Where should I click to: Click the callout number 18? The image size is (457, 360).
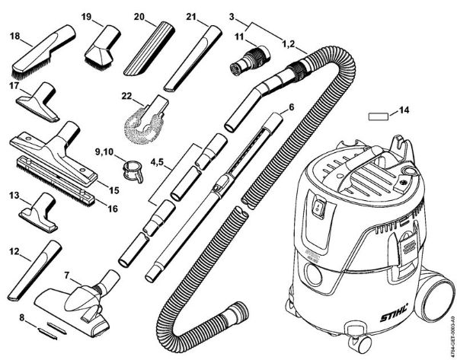click(15, 36)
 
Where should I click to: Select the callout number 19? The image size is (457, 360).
click(86, 16)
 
